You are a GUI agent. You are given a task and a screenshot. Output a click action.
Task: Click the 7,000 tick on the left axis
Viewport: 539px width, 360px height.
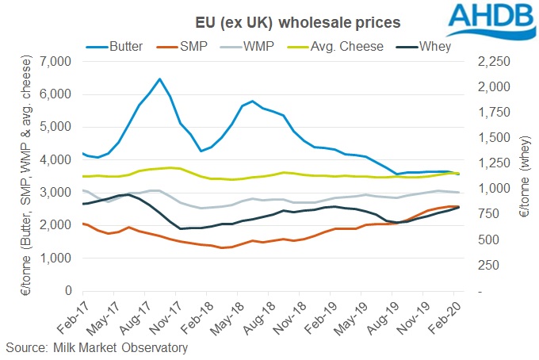tap(55, 61)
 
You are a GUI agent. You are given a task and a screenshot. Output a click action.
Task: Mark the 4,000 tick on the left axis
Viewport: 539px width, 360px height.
tap(55, 159)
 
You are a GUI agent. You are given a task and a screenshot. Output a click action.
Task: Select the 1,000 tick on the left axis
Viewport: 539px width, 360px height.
tap(55, 259)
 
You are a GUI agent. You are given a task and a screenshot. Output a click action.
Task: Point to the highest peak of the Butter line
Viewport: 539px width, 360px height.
tap(159, 79)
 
